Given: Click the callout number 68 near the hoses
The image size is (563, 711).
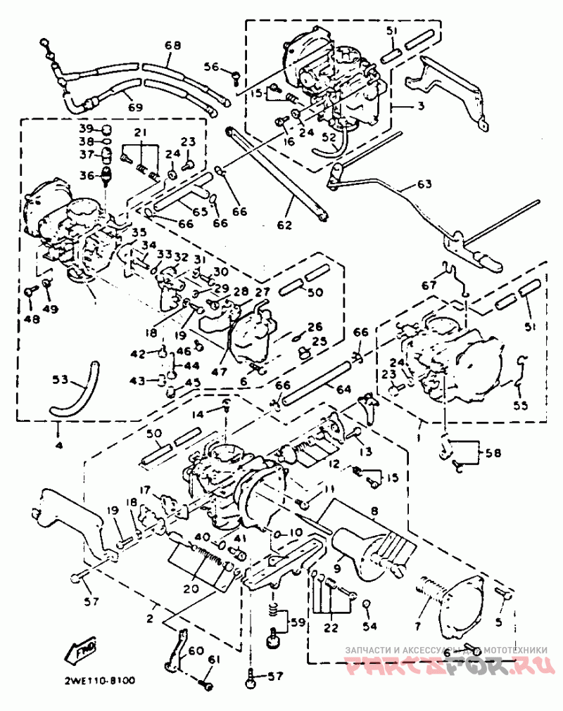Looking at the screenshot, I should click(172, 46).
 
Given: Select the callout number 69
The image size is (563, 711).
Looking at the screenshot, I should click(135, 108).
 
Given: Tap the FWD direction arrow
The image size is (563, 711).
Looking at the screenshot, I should click(83, 651).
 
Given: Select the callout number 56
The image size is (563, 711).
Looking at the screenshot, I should click(212, 67).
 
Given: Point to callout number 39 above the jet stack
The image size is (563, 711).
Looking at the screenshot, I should click(86, 129).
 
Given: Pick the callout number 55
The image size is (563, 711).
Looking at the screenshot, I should click(520, 406).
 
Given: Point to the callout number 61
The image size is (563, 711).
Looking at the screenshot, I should click(215, 659).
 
